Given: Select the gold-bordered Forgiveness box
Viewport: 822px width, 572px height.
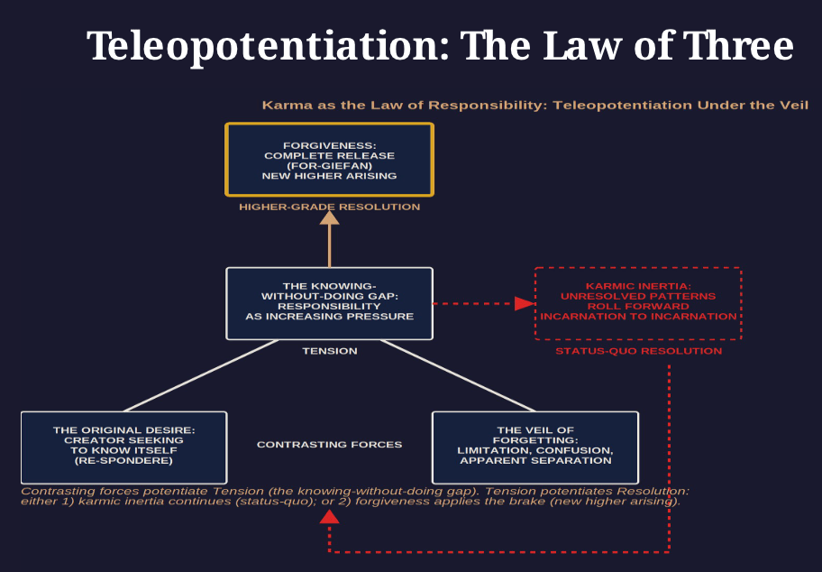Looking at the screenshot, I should coord(329,160).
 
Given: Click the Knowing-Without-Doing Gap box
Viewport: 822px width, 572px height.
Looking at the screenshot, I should coord(329,303).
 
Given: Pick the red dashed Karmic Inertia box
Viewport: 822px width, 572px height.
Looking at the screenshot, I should coord(637,303).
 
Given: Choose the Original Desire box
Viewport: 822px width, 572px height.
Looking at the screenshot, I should coord(123,447).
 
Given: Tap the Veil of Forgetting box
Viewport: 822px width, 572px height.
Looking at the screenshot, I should coord(535,447).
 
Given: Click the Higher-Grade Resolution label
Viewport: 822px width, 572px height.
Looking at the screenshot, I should coord(329,207).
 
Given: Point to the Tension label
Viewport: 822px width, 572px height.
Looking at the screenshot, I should coord(329,351).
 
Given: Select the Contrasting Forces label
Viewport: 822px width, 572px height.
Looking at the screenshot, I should coord(329,445).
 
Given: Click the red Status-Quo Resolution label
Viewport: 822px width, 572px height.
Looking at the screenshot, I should coord(638,351).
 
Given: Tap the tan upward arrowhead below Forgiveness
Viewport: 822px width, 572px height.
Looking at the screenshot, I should coord(329,217).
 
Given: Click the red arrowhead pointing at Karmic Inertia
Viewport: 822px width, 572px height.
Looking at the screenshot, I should coord(524,303).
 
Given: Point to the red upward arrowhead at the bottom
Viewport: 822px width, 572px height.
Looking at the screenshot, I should coord(329,517).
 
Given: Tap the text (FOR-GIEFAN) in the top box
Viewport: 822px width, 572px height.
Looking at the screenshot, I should coord(329,165).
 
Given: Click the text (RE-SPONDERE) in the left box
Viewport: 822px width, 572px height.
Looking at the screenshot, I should coord(123,461).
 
